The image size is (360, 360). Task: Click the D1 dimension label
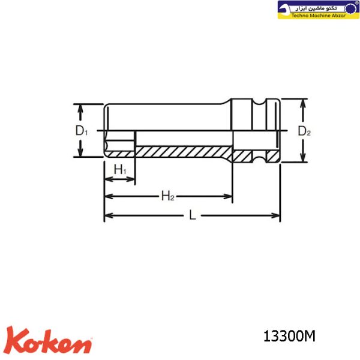(x=82, y=131)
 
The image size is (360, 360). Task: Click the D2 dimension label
(x=304, y=131)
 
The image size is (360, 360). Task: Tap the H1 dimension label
(x=120, y=170)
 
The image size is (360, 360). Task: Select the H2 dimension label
(x=168, y=196)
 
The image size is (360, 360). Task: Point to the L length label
(x=193, y=215)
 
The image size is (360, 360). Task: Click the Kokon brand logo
(x=49, y=341)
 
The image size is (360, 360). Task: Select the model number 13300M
(x=289, y=337)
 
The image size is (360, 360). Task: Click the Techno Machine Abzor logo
(x=318, y=10)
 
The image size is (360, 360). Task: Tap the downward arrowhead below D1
(x=80, y=152)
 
